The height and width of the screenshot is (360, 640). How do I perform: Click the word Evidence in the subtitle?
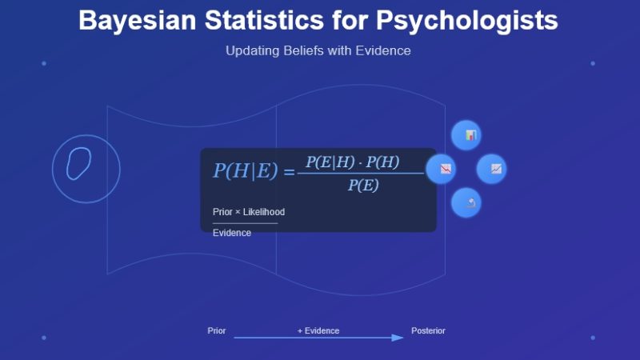[383, 50]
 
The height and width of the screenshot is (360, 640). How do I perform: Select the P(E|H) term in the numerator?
[330, 162]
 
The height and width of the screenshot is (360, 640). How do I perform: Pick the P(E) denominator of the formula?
[362, 186]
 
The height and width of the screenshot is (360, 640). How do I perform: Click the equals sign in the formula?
[289, 171]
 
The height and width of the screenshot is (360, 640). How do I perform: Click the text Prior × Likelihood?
[248, 212]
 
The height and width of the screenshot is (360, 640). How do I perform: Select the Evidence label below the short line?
[231, 233]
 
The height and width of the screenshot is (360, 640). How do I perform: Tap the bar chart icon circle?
[466, 135]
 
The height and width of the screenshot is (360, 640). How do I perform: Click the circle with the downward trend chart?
[441, 169]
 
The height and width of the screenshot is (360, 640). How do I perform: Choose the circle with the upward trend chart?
[491, 169]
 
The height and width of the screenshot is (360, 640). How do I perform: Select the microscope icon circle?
[466, 202]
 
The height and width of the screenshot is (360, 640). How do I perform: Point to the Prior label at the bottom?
[217, 331]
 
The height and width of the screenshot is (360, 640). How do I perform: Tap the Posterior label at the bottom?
[428, 331]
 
